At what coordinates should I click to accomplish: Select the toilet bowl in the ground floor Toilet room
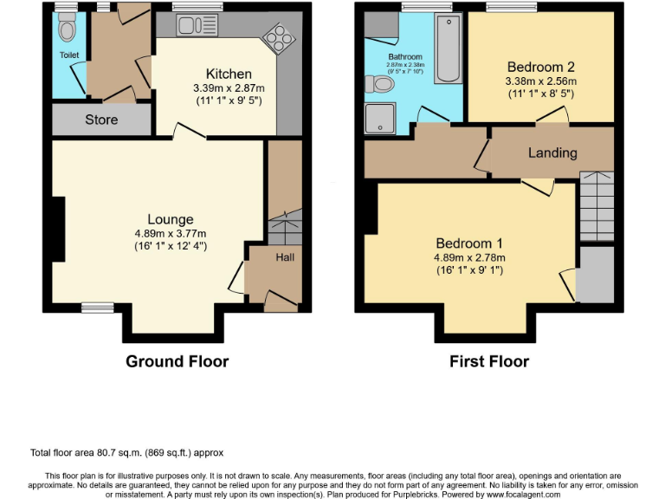click(x=66, y=30)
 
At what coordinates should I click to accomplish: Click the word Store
click(x=101, y=120)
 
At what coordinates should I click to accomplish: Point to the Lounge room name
click(x=170, y=219)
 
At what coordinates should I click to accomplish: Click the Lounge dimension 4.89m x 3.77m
click(x=170, y=234)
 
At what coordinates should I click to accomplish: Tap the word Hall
click(x=284, y=258)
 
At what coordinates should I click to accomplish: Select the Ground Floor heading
click(x=178, y=361)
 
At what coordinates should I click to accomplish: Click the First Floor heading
click(x=489, y=361)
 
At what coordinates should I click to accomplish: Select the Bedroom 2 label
click(x=540, y=67)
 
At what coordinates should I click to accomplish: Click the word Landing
click(x=552, y=152)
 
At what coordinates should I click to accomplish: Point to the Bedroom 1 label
click(x=468, y=243)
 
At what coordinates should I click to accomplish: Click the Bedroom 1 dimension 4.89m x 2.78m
click(x=468, y=257)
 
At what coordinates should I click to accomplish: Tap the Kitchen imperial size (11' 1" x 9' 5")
click(x=229, y=101)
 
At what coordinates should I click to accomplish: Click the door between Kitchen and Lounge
click(x=189, y=133)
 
